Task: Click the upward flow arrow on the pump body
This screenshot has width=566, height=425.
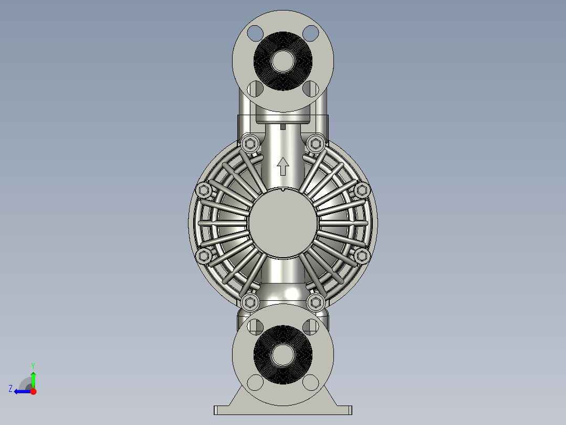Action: pos(282,166)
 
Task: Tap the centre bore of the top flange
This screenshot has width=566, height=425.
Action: pos(283,61)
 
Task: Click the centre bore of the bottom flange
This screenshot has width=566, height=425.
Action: pos(283,355)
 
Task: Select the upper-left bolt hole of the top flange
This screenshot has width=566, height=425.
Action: pos(256,33)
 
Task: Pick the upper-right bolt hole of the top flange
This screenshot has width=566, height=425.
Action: pos(310,33)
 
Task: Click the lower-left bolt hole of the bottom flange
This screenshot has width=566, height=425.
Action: pos(256,383)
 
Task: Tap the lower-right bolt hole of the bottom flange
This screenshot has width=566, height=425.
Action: pos(310,383)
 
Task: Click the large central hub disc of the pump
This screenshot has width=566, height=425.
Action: pos(283,224)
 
